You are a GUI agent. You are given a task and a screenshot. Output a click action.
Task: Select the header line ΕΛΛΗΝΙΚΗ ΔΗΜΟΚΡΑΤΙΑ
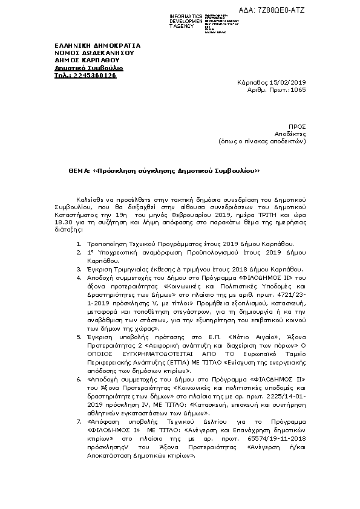97,45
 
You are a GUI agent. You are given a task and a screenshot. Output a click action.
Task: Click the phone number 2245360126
94,76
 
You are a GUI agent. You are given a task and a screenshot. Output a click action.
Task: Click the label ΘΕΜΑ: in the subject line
79,171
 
